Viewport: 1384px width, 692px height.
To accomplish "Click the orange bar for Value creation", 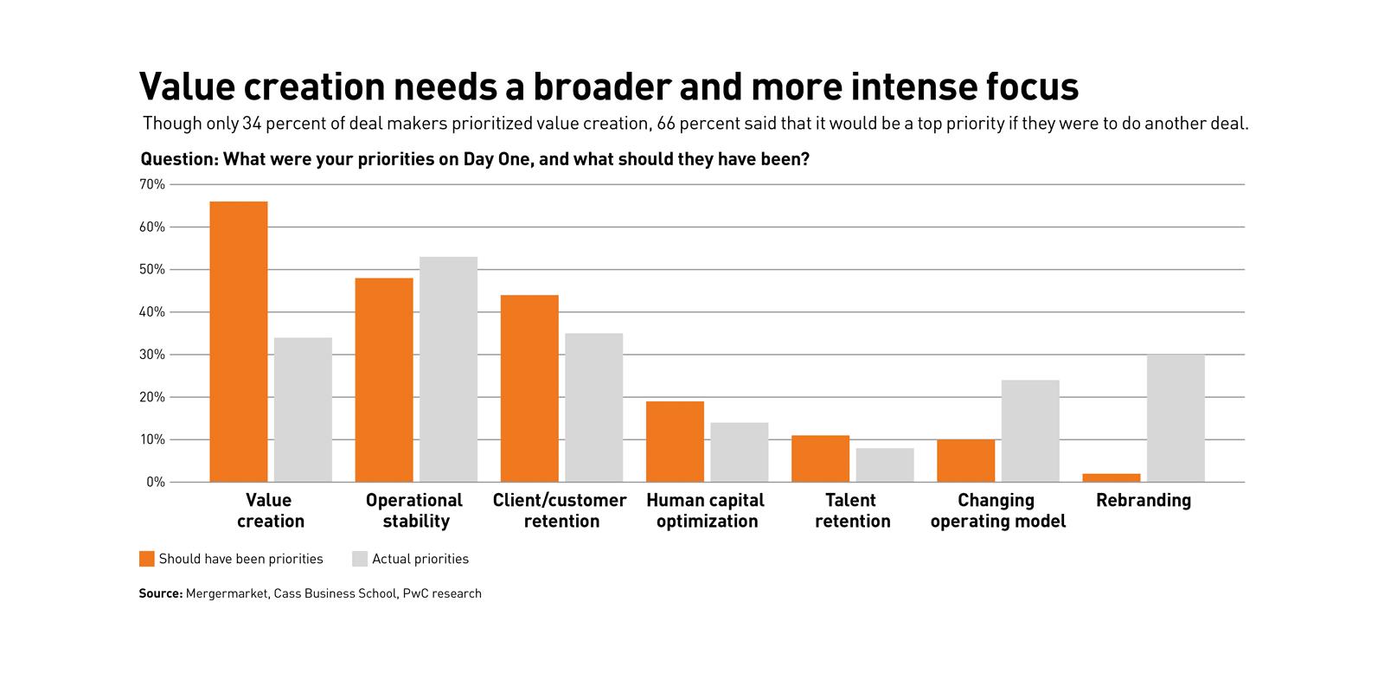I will [239, 342].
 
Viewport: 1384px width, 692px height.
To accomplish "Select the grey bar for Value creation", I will [303, 410].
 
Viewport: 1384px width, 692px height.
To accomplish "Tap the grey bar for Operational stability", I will [448, 369].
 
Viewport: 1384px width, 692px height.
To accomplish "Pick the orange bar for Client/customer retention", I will [529, 388].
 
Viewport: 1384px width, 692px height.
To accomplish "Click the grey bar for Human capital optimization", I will [740, 452].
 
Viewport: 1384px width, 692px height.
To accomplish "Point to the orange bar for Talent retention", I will [820, 458].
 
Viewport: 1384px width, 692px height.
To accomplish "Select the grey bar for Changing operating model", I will [1030, 431].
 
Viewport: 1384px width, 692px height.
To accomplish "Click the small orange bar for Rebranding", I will [1112, 477].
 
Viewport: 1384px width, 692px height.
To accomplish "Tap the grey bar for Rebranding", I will [1176, 419].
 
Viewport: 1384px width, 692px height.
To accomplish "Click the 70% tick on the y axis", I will [152, 184].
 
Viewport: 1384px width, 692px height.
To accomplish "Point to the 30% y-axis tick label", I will [152, 355].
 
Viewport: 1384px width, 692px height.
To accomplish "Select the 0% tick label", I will [156, 483].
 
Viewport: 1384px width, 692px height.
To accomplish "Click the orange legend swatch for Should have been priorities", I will [147, 559].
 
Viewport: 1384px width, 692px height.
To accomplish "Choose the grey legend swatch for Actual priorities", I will [360, 559].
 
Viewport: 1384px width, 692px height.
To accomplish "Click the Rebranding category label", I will [1144, 501].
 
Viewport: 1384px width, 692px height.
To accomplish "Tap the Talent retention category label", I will [852, 511].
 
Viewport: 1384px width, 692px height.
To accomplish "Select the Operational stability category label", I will [414, 511].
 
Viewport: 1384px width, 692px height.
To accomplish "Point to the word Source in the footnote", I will [160, 593].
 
